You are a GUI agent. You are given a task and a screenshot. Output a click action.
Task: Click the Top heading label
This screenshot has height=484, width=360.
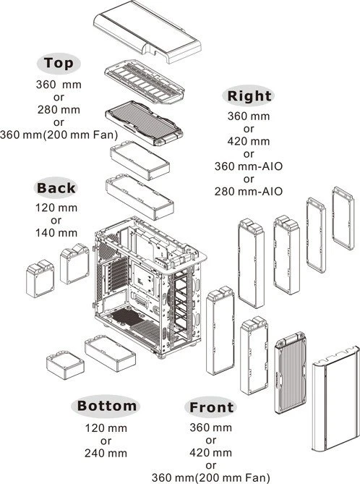click(59, 63)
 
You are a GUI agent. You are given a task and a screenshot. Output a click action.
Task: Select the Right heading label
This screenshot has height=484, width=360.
click(249, 95)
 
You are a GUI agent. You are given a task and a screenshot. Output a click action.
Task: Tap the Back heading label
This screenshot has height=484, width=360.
click(56, 187)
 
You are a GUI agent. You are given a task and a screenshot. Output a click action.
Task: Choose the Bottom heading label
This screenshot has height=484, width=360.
click(106, 406)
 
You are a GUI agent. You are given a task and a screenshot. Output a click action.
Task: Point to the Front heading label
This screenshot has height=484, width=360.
click(211, 407)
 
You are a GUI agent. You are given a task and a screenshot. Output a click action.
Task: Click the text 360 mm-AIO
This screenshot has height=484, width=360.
click(249, 166)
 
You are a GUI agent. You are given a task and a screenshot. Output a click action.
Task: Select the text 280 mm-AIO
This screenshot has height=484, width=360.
click(249, 192)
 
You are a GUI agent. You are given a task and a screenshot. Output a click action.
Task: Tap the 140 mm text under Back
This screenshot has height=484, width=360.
click(56, 233)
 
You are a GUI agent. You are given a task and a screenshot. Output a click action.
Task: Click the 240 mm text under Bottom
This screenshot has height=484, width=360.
click(106, 453)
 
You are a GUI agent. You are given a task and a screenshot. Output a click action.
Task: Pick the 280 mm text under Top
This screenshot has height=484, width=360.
click(59, 109)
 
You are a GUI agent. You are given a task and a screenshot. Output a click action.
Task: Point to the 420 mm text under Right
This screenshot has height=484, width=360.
click(249, 141)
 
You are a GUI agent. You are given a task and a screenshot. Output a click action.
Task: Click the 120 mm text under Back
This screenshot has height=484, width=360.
click(56, 208)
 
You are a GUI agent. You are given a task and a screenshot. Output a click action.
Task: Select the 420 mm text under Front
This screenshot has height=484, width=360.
click(210, 453)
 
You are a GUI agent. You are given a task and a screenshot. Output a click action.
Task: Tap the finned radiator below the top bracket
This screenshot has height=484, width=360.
click(144, 122)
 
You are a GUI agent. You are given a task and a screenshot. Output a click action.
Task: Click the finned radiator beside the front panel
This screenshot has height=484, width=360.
click(291, 373)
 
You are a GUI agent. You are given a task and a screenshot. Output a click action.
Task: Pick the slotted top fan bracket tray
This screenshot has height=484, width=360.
click(145, 82)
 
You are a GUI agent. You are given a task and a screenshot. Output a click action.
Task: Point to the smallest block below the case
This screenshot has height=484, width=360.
click(65, 365)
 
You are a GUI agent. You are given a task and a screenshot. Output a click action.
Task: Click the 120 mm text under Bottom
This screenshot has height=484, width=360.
click(106, 428)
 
